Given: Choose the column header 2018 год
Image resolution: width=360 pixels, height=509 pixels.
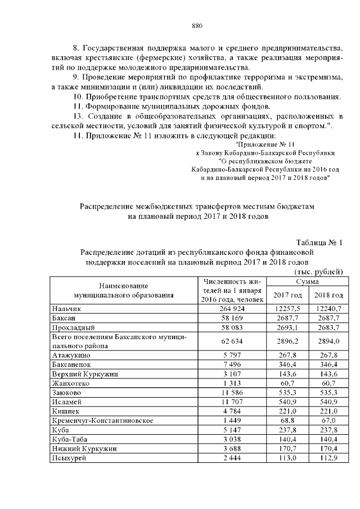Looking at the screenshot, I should click(x=328, y=295).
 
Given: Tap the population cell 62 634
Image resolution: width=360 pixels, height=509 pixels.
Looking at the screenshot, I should click(x=232, y=341).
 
